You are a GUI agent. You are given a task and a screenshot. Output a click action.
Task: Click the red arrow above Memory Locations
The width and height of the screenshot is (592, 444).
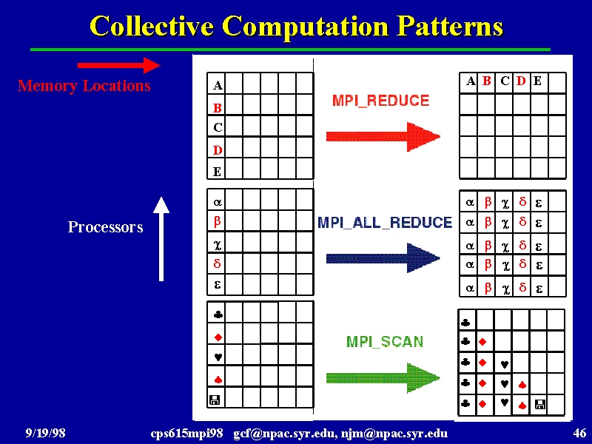pos(118,65)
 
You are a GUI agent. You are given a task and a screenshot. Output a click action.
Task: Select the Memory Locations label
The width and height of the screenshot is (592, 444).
pos(84,86)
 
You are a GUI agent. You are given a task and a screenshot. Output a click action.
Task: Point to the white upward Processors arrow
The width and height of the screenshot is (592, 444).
pos(161,239)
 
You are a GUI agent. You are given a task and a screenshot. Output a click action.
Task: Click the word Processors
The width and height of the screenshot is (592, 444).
pos(105,227)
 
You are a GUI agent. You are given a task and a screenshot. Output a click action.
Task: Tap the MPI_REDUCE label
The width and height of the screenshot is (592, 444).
pos(380,101)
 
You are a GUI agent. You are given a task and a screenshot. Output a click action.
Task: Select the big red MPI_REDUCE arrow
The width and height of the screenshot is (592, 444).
pos(383,136)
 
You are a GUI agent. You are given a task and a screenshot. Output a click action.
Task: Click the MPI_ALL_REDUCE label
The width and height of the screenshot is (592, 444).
pos(385,223)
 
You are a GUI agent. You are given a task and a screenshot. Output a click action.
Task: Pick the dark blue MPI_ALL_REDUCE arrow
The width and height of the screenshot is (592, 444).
pos(383,258)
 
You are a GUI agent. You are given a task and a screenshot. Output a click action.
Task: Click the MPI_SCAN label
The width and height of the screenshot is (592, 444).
pos(385,342)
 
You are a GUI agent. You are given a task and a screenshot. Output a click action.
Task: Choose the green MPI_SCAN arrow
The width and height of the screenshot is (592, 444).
pos(383,378)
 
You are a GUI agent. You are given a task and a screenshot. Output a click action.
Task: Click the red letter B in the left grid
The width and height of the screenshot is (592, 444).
pos(217,108)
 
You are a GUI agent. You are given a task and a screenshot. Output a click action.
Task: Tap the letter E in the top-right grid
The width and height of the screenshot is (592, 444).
pos(537,81)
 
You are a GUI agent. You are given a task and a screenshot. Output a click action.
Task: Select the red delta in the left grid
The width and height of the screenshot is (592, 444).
pos(217,263)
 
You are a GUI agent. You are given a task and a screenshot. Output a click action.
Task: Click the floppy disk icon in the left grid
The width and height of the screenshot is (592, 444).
pos(214,400)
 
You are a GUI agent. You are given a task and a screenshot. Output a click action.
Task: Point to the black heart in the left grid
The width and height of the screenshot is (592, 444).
pos(218,357)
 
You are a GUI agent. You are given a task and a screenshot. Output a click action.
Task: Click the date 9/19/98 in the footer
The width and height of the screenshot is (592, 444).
pos(45,433)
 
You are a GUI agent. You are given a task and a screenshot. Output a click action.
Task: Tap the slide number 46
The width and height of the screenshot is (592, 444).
pos(579,433)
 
